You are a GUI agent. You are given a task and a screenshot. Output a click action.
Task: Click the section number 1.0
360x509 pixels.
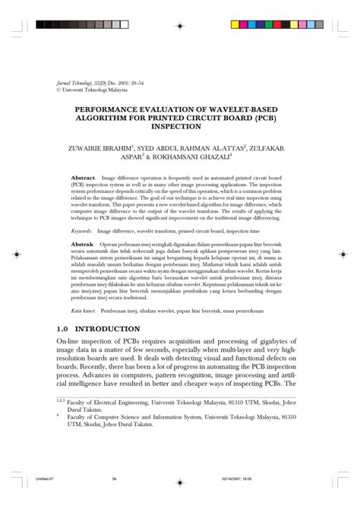69,329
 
